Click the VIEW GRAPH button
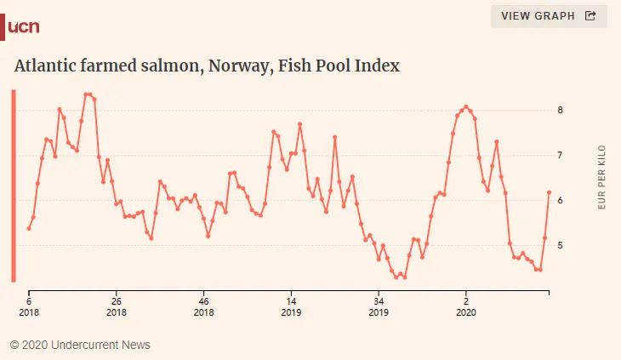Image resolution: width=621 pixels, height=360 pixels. [x=549, y=15]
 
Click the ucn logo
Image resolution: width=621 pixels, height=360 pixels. [x=23, y=27]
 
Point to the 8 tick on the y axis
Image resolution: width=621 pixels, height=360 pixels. [x=561, y=110]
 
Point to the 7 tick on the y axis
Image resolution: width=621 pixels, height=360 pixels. [x=561, y=155]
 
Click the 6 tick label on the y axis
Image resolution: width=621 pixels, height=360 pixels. [x=561, y=200]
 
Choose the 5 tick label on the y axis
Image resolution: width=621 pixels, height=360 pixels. [x=561, y=245]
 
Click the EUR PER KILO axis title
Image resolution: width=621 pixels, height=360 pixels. [x=602, y=178]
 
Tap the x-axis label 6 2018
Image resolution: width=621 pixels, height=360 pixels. [x=29, y=307]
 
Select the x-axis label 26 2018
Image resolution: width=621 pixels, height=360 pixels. [x=117, y=307]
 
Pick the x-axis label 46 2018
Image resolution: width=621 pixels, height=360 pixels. [x=203, y=307]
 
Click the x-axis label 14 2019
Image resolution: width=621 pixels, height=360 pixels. [x=291, y=307]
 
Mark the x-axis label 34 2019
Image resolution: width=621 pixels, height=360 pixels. [x=379, y=307]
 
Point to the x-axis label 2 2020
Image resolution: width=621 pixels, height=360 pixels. [x=466, y=307]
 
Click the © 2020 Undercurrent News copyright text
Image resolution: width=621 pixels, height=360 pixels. [x=80, y=345]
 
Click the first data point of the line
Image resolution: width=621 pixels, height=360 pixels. [x=29, y=228]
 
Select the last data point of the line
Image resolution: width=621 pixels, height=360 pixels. [x=549, y=192]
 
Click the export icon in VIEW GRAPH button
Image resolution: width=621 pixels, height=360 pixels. [x=590, y=15]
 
